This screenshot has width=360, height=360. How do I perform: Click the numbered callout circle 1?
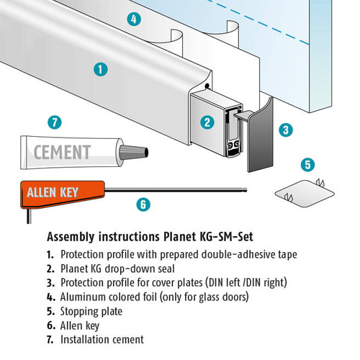(101, 70)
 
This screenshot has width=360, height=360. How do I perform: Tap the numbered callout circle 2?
(207, 122)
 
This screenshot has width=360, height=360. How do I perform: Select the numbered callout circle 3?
(286, 130)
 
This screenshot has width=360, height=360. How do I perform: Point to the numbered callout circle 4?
(134, 19)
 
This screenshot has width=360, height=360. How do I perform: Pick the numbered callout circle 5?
(308, 165)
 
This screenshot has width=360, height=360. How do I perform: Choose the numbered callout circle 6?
(143, 204)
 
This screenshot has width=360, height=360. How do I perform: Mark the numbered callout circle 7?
(55, 122)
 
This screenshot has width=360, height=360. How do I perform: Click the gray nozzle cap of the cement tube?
(134, 152)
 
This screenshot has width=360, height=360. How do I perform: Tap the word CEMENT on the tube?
(63, 152)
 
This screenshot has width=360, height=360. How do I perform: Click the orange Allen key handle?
(63, 194)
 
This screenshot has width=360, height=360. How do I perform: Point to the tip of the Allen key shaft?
(246, 190)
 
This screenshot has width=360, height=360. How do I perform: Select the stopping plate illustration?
(305, 194)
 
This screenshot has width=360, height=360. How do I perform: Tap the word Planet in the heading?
(179, 237)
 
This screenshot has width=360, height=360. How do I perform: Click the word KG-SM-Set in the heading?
(226, 237)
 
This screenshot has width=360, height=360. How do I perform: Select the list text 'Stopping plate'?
(91, 312)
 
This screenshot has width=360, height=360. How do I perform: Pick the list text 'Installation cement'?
(102, 340)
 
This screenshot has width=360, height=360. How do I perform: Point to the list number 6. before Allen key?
(51, 325)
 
